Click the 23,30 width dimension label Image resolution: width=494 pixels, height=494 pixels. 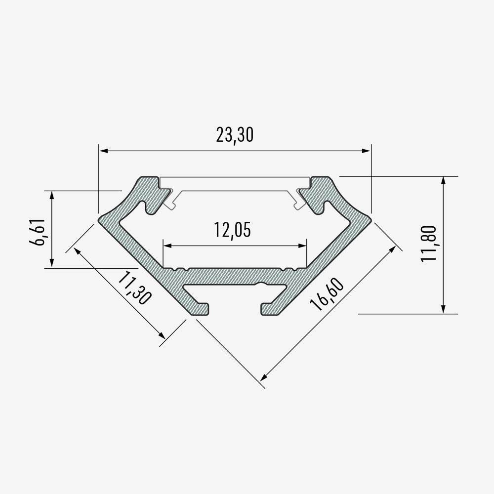coord(235,135)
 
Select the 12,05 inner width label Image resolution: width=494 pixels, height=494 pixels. coord(233,230)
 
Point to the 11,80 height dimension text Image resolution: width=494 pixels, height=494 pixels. coord(428,243)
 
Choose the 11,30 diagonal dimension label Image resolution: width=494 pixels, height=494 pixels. coord(134,288)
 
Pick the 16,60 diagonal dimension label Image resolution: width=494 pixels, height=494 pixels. coord(327,294)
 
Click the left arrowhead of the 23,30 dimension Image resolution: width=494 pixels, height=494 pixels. coord(104,151)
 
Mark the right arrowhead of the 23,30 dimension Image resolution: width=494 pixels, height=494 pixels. coord(366,151)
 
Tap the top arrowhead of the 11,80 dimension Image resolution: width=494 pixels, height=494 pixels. coord(443,181)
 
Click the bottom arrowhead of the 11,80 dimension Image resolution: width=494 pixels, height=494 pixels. coord(443,309)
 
